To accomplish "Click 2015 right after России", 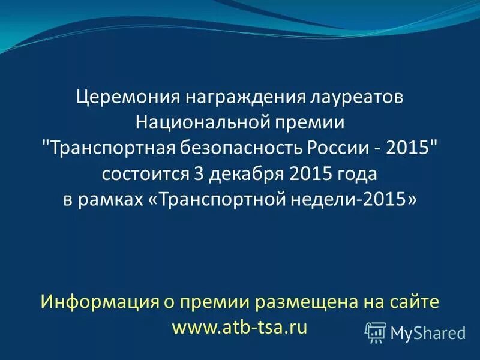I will [x=410, y=148].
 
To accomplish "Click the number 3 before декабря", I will [x=199, y=174].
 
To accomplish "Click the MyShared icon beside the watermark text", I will [x=376, y=332].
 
